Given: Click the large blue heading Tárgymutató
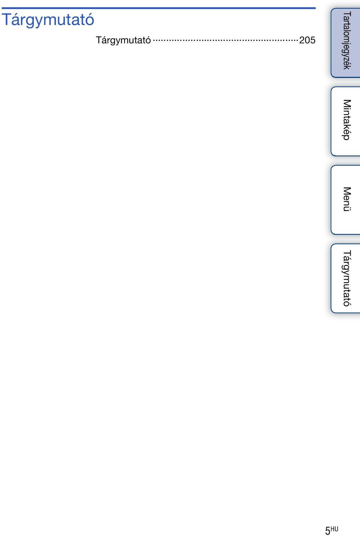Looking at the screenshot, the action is click(x=48, y=20).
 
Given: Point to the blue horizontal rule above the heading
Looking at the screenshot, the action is click(x=159, y=8).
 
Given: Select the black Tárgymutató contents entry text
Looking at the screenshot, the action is click(x=123, y=41).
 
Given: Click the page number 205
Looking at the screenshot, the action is click(x=307, y=40).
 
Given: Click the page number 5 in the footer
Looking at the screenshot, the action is click(x=328, y=530).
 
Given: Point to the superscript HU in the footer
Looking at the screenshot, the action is click(x=334, y=529).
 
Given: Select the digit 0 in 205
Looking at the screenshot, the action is click(x=307, y=40).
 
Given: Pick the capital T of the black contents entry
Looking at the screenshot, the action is click(x=99, y=40).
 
